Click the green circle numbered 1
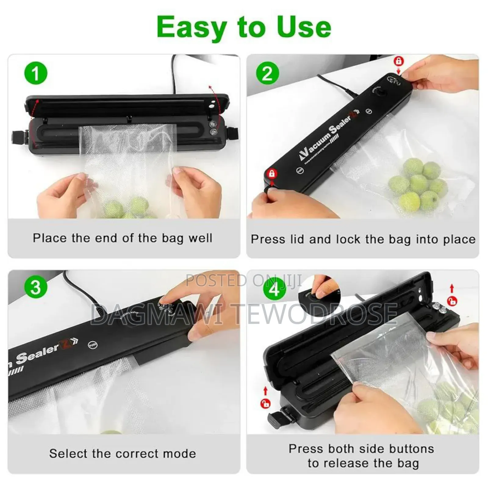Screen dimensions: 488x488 coord(36,73)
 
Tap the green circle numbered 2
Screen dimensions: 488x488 coord(267,73)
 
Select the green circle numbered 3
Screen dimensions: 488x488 coord(36,287)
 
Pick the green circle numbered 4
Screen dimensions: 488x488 coord(274,289)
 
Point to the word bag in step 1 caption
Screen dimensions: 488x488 coord(172,238)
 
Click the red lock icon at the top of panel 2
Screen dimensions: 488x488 coord(398,61)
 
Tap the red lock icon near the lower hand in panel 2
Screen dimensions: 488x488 coord(271,174)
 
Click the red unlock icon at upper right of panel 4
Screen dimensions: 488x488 coord(452,301)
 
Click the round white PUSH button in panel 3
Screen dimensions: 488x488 coord(92,345)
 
